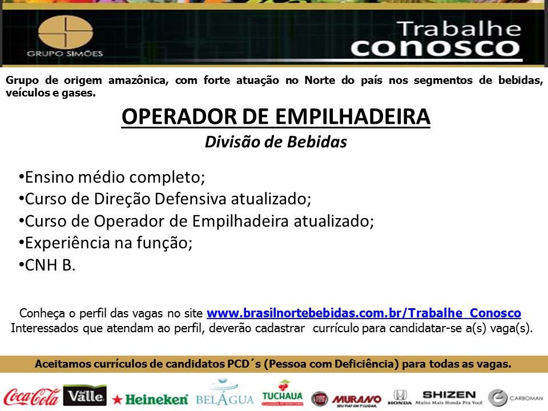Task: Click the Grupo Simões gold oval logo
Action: tap(65, 32)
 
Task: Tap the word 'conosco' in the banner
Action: tap(436, 48)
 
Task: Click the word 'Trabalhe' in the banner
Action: tap(459, 29)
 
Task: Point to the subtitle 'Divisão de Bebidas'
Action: tap(276, 142)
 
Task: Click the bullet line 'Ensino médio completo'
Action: tap(112, 177)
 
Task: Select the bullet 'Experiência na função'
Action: tap(106, 243)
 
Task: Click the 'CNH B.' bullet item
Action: tap(47, 265)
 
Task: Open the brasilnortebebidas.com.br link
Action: tap(364, 313)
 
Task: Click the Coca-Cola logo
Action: tap(31, 397)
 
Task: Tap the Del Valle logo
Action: tap(85, 395)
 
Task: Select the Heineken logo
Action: tap(150, 399)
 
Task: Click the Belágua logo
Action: tap(225, 393)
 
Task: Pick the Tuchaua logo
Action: tap(283, 393)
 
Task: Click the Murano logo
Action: tap(356, 400)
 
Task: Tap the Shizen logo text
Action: tap(449, 394)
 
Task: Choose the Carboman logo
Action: tap(515, 398)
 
